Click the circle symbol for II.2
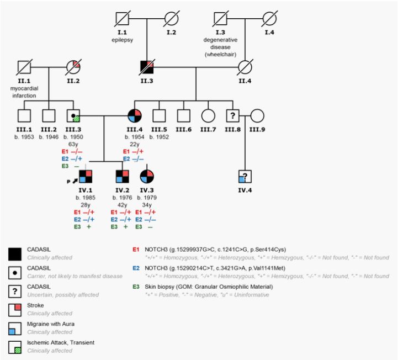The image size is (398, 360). (x=74, y=68)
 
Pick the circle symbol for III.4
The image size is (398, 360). (x=135, y=116)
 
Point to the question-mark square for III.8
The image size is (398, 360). (x=232, y=116)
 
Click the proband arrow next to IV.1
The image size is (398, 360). (x=73, y=181)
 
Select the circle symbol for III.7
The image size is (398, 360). (x=208, y=116)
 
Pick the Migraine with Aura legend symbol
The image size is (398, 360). (x=15, y=328)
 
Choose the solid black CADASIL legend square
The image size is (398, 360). (x=15, y=253)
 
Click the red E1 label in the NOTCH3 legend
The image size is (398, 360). (x=135, y=249)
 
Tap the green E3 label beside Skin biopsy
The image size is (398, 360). (x=135, y=287)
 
